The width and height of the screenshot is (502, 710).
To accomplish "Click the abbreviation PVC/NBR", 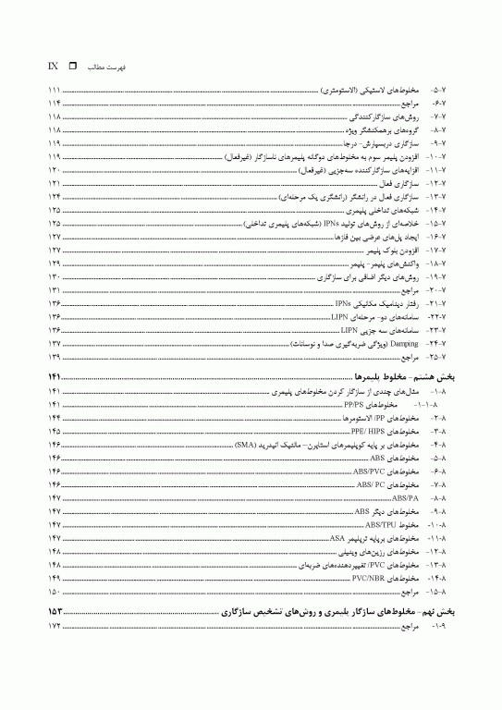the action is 368,577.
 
